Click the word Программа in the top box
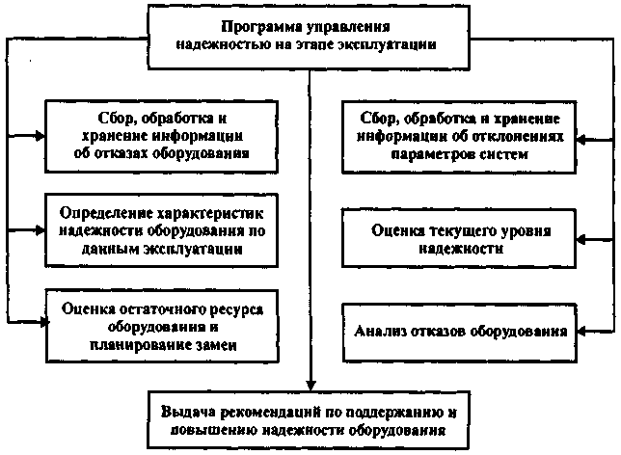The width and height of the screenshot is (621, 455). (257, 26)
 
